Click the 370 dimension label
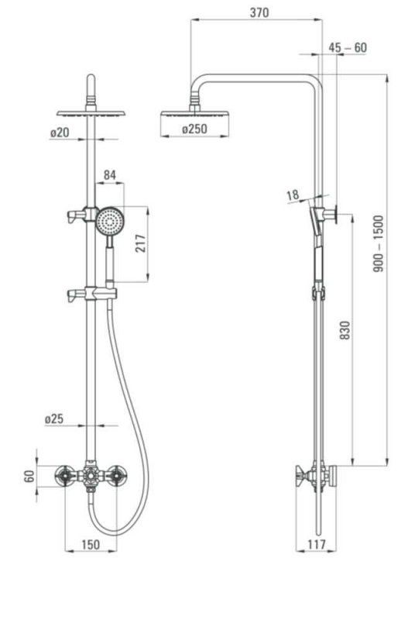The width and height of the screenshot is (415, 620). click(259, 12)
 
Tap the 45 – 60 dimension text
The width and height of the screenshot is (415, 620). click(348, 48)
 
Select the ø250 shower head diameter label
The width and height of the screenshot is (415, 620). click(194, 129)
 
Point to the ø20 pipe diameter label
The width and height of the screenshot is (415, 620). click(59, 133)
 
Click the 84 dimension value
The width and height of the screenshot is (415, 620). click(109, 175)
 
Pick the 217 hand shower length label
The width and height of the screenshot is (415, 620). click(141, 243)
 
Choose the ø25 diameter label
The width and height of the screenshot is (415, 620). click(54, 418)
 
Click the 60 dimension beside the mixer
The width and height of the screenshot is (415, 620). click(29, 477)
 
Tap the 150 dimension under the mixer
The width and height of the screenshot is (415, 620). click(91, 545)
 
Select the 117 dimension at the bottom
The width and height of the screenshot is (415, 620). click(317, 545)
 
